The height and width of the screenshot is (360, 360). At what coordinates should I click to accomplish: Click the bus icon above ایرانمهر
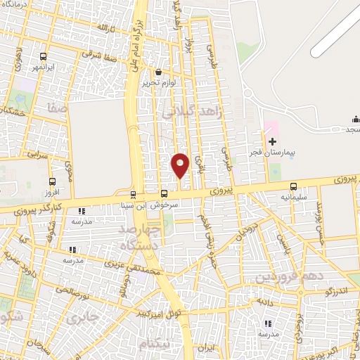coord(44,57)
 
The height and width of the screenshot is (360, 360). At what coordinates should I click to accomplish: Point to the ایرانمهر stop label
coord(44,67)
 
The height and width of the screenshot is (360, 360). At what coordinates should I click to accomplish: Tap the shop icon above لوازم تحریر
coord(159,72)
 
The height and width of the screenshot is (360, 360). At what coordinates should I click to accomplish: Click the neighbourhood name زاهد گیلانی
coord(191,108)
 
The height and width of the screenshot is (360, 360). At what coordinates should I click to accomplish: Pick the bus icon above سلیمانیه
coord(293,187)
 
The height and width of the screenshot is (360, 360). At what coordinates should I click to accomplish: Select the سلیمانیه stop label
coord(293,198)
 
